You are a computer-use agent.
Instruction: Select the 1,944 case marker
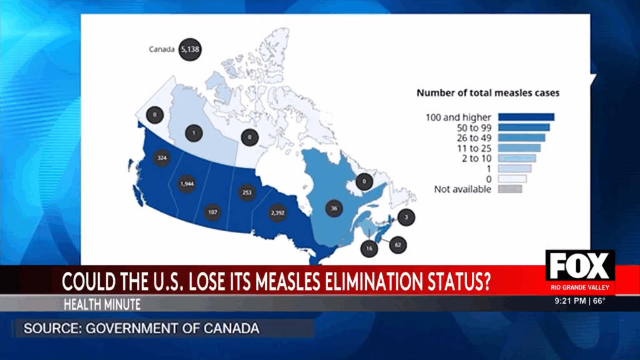tap(187, 184)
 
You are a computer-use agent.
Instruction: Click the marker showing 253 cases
tap(247, 193)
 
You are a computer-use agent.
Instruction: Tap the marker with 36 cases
tap(335, 209)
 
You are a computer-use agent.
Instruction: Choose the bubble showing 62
tap(397, 245)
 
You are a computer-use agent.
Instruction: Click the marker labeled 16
tap(369, 248)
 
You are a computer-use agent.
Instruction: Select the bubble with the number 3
tap(406, 217)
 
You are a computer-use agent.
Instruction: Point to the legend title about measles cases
tap(487, 93)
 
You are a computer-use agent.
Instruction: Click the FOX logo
tap(580, 267)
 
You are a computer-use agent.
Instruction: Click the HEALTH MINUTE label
tap(101, 304)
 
